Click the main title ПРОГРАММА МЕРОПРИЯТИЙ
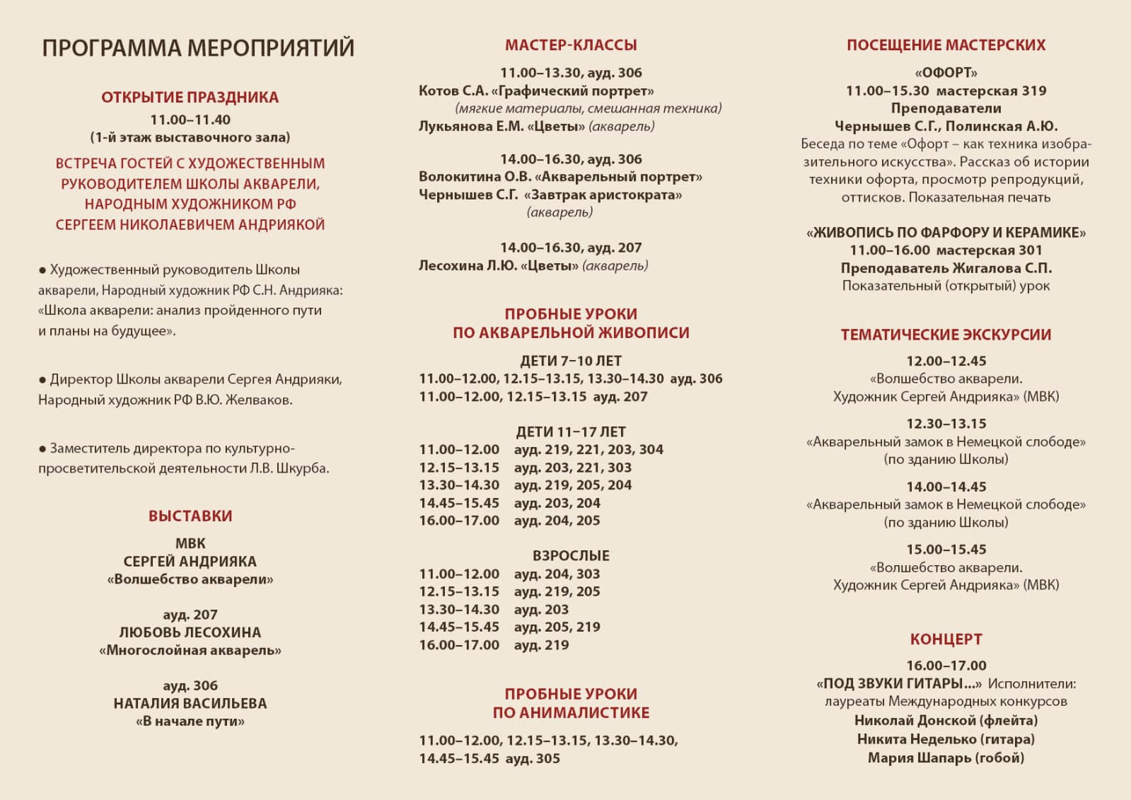pos(198,48)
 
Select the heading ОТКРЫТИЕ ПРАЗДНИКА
pos(190,98)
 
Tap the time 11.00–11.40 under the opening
pos(190,120)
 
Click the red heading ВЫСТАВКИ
pos(190,516)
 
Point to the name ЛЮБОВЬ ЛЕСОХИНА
pos(190,632)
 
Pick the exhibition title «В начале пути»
pos(190,721)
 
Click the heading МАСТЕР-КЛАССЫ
pos(571,45)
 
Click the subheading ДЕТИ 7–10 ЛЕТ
pos(571,361)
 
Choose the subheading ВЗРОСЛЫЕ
pos(571,556)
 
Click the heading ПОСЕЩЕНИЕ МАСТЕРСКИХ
pos(946,45)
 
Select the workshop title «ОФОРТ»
pos(946,73)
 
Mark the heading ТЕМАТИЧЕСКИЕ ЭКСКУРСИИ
pos(946,335)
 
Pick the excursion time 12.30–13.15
pos(946,424)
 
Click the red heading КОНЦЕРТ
pos(946,639)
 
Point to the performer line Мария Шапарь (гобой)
pos(946,758)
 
